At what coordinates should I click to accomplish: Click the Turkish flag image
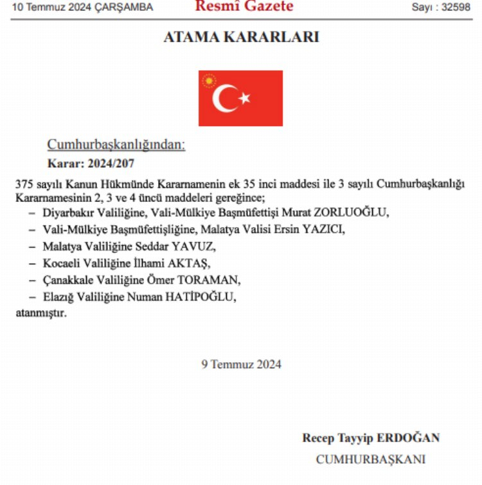[240, 98]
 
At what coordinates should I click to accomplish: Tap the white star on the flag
[244, 98]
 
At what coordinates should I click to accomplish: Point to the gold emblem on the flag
[209, 82]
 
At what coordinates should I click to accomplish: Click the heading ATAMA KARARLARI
[241, 38]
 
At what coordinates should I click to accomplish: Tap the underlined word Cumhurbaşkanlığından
[116, 145]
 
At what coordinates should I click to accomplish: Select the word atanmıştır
[40, 313]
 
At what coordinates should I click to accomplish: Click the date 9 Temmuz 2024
[241, 364]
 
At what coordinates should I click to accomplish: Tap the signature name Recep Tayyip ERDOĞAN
[371, 438]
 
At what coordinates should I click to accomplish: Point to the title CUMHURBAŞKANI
[370, 459]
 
